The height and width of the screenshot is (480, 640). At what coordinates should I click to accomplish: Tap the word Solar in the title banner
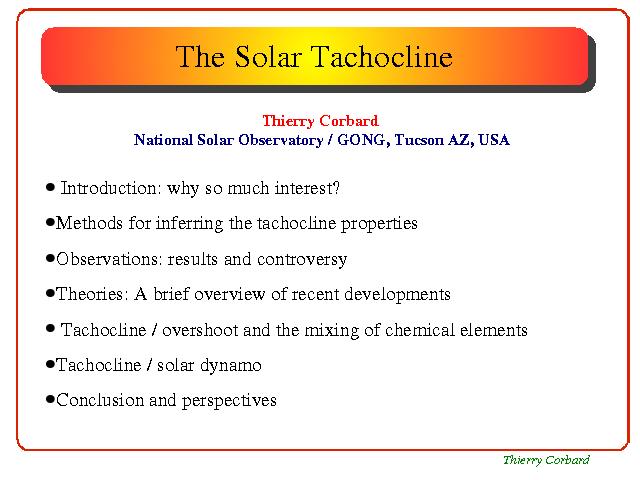268,56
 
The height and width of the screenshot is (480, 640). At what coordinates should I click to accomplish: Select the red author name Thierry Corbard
320,121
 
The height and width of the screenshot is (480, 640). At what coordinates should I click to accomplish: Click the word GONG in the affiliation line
361,140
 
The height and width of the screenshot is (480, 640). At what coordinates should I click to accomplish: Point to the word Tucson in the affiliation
419,140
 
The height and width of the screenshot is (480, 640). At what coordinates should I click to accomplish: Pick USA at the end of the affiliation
494,140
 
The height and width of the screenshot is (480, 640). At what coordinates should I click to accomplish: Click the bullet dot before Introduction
50,187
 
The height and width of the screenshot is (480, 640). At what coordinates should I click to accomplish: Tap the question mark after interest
336,188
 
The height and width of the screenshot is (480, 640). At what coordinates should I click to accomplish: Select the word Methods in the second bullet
89,223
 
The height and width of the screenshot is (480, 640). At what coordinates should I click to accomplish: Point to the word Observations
109,259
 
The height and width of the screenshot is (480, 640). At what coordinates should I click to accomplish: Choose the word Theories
92,294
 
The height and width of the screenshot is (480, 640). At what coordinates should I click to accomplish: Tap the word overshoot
200,330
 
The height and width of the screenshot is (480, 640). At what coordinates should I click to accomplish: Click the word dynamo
231,365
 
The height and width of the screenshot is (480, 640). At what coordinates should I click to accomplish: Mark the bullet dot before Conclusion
50,399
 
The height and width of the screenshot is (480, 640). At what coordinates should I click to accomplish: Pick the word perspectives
229,401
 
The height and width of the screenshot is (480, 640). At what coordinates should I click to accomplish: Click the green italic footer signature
546,460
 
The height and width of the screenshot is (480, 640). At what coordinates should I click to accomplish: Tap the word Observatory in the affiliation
281,140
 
